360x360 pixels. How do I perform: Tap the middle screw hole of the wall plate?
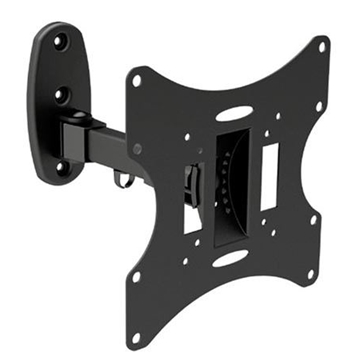tap(60, 97)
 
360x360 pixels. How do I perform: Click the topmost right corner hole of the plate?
tap(322, 45)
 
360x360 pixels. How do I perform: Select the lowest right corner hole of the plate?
tap(311, 272)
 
